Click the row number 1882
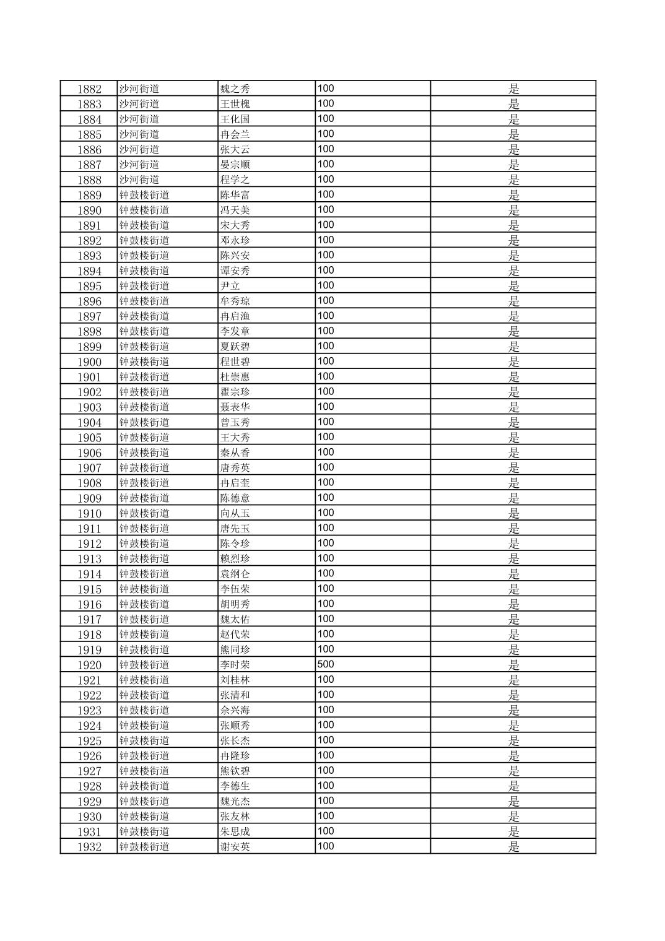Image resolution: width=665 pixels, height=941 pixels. tap(89, 89)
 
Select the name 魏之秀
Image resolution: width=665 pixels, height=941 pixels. tap(235, 89)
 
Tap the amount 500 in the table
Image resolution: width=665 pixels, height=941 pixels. tap(326, 664)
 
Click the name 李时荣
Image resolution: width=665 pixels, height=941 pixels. tap(235, 665)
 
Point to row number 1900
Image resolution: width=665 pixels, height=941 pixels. tap(89, 362)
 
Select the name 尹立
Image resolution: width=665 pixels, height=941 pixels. tap(230, 286)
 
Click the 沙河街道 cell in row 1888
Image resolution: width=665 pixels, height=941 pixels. tap(139, 180)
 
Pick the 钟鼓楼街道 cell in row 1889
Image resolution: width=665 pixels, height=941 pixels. tap(144, 195)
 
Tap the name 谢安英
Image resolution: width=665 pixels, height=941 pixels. tap(235, 847)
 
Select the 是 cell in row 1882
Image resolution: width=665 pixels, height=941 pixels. tap(513, 89)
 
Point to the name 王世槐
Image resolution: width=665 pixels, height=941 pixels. tap(235, 104)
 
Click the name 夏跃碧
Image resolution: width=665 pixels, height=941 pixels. tap(235, 347)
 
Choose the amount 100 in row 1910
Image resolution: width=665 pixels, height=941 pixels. tap(326, 513)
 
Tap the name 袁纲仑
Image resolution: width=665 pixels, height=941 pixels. tap(235, 574)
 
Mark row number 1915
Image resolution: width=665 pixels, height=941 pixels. tap(89, 589)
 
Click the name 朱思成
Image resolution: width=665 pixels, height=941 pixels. tap(235, 831)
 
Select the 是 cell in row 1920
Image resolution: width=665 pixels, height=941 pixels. tap(513, 665)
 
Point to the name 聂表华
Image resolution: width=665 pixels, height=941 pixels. tap(235, 407)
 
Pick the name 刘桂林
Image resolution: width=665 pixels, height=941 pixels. tap(235, 680)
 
